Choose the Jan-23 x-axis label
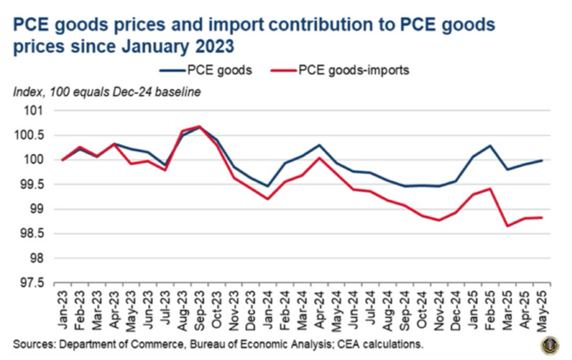click(x=64, y=311)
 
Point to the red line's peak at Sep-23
click(x=199, y=126)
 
